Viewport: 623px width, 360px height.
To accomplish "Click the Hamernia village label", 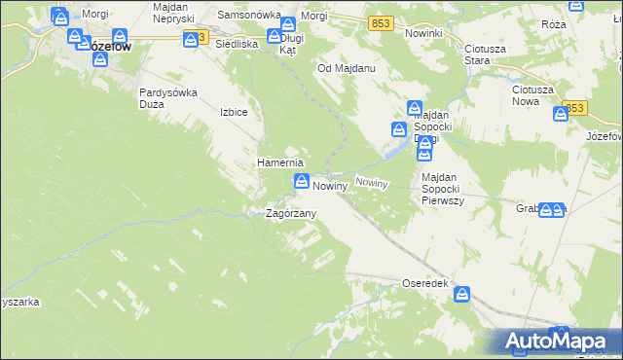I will pos(280,162).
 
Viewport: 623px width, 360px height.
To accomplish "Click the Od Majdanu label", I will pos(347,69).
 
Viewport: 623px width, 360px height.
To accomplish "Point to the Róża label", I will pos(581,23).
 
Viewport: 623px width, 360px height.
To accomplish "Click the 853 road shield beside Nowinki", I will pos(381,22).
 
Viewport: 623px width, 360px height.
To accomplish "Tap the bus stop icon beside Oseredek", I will pos(463,292).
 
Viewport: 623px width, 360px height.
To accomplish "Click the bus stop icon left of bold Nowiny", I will pos(302,182).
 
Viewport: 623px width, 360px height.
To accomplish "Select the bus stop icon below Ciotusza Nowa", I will pos(560,115).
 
